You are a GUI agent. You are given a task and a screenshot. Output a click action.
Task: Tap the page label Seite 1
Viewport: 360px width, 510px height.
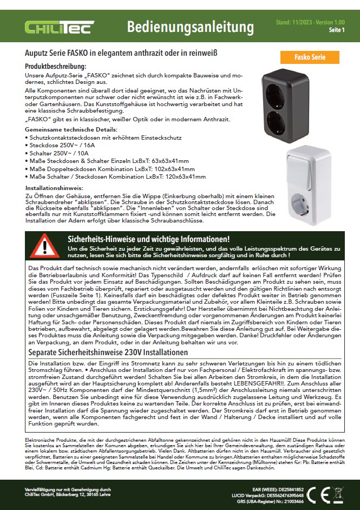pos(336,30)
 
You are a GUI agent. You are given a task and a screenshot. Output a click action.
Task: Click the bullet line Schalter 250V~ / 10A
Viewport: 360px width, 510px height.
pos(60,153)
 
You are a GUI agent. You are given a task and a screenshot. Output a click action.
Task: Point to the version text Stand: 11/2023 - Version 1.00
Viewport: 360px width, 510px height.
pos(310,22)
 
